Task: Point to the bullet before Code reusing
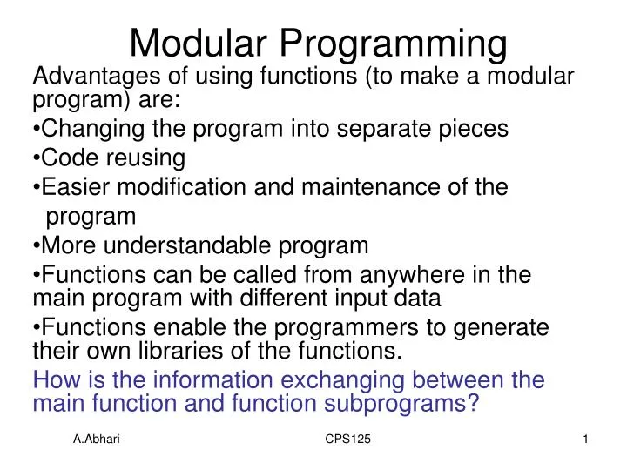[36, 158]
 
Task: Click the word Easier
[71, 186]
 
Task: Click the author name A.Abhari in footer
[97, 443]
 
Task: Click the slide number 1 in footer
[586, 443]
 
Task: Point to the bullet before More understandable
[36, 244]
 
